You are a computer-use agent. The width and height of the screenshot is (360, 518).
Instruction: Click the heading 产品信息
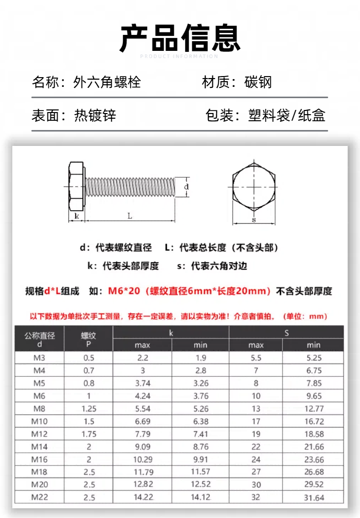(180, 38)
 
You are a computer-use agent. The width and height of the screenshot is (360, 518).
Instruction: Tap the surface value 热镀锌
(95, 115)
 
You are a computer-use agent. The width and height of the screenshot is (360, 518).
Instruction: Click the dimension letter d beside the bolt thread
(186, 187)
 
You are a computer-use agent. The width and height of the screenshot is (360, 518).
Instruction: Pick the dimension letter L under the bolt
(130, 216)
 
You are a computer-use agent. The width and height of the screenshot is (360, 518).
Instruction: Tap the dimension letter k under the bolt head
(77, 216)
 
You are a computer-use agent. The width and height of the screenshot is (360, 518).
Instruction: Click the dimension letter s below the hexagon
(254, 220)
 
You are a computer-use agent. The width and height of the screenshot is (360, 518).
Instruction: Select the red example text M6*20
(124, 291)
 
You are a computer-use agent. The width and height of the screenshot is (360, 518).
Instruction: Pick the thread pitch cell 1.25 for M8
(88, 409)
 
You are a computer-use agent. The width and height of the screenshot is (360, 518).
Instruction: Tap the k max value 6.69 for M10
(142, 421)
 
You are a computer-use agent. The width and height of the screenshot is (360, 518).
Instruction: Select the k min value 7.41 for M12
(201, 434)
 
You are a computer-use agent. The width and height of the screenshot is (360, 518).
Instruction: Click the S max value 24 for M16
(256, 459)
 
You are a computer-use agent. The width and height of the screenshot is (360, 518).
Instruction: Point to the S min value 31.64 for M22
(314, 497)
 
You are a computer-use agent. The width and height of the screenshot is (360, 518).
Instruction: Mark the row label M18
(40, 472)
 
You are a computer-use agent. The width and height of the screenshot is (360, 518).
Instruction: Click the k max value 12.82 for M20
(142, 485)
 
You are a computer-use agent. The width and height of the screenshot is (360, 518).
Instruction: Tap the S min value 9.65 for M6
(314, 396)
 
